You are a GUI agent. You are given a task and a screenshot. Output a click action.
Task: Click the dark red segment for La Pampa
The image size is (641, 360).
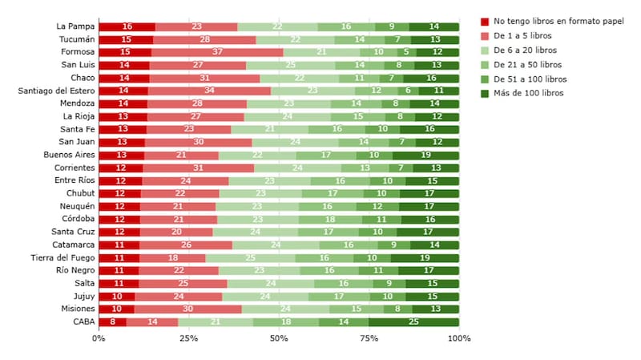pyautogui.click(x=127, y=26)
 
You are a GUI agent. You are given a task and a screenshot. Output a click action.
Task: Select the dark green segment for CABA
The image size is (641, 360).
pyautogui.click(x=413, y=322)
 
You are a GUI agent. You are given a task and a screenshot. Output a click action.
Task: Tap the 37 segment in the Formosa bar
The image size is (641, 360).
pyautogui.click(x=217, y=52)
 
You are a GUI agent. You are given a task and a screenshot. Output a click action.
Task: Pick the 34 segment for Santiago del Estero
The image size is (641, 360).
pyautogui.click(x=209, y=91)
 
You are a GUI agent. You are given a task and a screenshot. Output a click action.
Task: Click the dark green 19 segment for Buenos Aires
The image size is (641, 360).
pyautogui.click(x=425, y=155)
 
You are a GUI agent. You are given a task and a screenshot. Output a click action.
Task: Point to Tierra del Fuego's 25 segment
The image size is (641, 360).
pyautogui.click(x=250, y=257)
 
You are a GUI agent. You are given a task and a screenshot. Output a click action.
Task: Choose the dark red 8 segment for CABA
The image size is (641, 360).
pyautogui.click(x=113, y=322)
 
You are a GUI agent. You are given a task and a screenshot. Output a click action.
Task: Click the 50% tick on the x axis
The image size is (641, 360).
pyautogui.click(x=279, y=338)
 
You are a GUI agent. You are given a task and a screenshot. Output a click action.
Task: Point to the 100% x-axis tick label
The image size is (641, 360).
pyautogui.click(x=459, y=338)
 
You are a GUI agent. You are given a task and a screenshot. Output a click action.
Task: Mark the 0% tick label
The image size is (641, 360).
pyautogui.click(x=99, y=338)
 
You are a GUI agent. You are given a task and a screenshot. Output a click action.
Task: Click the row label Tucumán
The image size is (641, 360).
pyautogui.click(x=77, y=39)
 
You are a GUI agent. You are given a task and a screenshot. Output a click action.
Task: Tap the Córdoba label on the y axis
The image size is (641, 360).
pyautogui.click(x=77, y=219)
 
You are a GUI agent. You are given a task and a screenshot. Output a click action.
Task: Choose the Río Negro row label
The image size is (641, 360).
pyautogui.click(x=75, y=270)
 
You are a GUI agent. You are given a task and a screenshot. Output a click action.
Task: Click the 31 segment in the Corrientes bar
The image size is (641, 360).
pyautogui.click(x=198, y=168)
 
